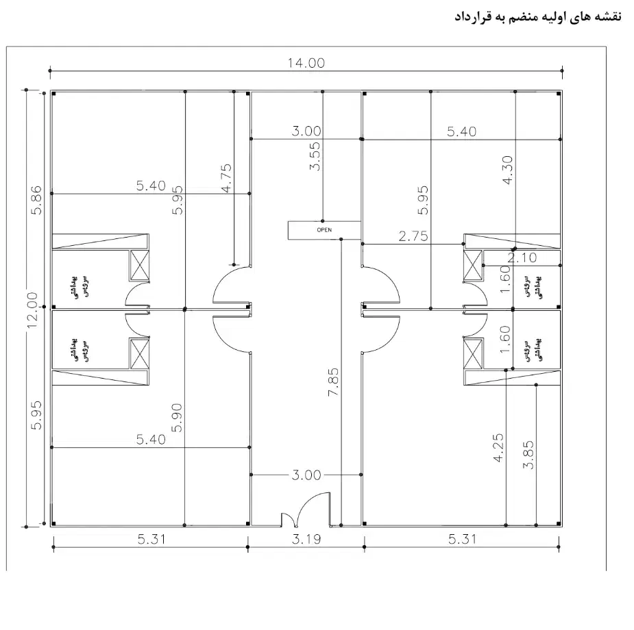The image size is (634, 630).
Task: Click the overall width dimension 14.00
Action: [x=306, y=63]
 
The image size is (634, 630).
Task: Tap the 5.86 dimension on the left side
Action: [x=37, y=199]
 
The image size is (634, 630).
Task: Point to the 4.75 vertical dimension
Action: [x=227, y=177]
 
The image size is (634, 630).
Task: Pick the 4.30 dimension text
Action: [x=508, y=171]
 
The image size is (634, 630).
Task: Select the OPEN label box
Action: [x=324, y=230]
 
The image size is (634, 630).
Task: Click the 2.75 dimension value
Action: [x=413, y=236]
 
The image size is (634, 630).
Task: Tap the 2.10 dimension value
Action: [x=522, y=257]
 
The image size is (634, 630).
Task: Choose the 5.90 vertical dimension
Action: [x=178, y=418]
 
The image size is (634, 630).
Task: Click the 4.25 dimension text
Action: [x=498, y=449]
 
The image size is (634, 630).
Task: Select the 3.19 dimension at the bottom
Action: [x=306, y=540]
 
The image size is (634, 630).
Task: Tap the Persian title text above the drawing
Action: [x=538, y=16]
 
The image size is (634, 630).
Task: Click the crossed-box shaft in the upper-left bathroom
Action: [x=140, y=265]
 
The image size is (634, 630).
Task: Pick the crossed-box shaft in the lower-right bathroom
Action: [x=474, y=353]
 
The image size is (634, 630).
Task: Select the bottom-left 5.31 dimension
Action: [x=150, y=540]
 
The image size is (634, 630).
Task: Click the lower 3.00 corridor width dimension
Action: [x=306, y=475]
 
